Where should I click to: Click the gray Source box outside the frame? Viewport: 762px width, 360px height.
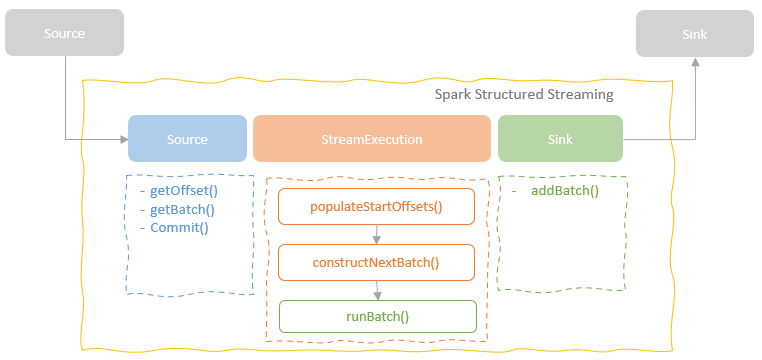64,33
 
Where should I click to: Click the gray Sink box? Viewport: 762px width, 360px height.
695,34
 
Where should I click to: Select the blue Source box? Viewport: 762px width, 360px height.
187,139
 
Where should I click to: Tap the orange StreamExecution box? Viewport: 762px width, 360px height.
371,139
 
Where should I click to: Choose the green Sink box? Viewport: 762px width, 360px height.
560,139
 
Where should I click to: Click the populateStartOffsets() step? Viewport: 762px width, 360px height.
376,207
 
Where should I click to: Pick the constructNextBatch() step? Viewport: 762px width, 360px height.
376,263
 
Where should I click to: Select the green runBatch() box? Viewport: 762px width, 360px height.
376,317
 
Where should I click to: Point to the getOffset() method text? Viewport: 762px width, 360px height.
184,191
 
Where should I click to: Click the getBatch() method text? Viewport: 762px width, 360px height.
183,209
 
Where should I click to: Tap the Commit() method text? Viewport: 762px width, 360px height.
179,227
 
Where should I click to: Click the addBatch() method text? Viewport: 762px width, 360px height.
565,190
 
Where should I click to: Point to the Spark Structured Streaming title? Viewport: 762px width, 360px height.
524,94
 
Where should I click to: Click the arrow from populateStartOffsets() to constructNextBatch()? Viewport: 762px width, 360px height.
377,235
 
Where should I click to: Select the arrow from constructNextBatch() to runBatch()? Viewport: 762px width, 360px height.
377,290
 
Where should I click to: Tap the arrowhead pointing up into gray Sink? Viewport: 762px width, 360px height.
695,62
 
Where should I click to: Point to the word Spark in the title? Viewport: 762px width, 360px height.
453,94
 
